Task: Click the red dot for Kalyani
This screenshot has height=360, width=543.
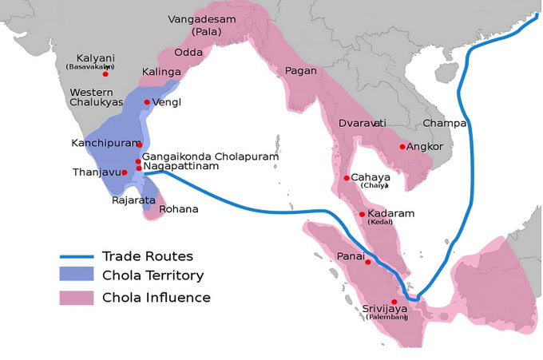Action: (105, 73)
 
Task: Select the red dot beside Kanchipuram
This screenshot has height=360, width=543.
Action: (139, 144)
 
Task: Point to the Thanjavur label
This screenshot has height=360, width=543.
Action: (96, 172)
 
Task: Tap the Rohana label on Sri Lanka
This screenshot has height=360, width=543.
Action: (179, 209)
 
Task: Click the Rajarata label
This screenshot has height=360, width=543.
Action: (133, 200)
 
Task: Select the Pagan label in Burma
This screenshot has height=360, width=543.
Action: (300, 71)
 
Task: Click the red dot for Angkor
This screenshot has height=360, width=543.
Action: (402, 147)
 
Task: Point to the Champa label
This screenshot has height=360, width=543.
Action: (444, 123)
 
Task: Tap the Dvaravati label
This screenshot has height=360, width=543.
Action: (362, 123)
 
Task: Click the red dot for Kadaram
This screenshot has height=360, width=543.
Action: (362, 214)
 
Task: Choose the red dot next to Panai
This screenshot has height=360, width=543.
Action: (368, 262)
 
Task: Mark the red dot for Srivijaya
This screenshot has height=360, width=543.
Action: (394, 301)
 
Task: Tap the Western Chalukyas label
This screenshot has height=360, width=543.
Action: (97, 99)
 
